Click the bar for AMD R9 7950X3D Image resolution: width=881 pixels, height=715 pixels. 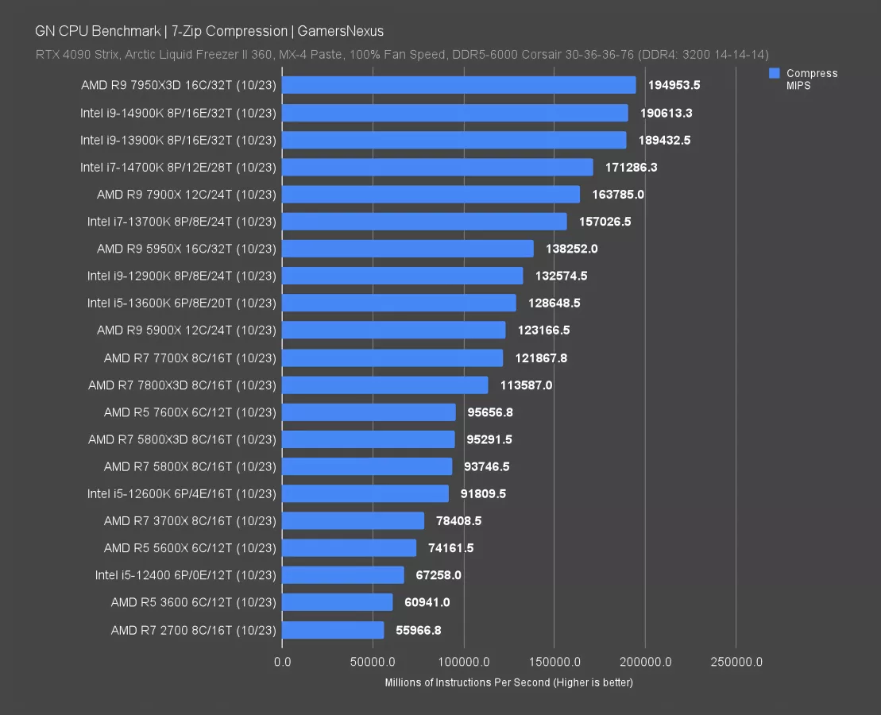[458, 85]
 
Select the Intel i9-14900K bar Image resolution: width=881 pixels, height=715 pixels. [454, 113]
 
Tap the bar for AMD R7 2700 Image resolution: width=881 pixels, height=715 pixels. [333, 630]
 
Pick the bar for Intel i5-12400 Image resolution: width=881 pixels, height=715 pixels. [342, 575]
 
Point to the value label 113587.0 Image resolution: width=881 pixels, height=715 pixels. [526, 385]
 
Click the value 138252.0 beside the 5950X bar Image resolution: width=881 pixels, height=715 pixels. [571, 249]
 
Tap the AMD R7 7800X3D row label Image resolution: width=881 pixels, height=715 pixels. [182, 385]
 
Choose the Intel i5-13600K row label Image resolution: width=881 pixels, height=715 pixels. [182, 303]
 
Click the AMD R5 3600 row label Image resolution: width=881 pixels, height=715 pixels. [194, 602]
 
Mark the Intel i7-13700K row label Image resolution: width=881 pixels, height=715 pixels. [182, 222]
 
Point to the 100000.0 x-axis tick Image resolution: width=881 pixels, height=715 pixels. [463, 662]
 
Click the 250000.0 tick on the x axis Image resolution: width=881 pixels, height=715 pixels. [736, 662]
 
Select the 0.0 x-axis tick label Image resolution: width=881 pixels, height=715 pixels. [282, 662]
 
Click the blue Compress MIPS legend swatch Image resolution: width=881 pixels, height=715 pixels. [774, 73]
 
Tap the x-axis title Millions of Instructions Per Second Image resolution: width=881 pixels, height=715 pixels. [508, 682]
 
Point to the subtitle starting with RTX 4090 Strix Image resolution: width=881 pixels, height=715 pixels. [401, 55]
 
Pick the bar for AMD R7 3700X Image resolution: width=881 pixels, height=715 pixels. [353, 521]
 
